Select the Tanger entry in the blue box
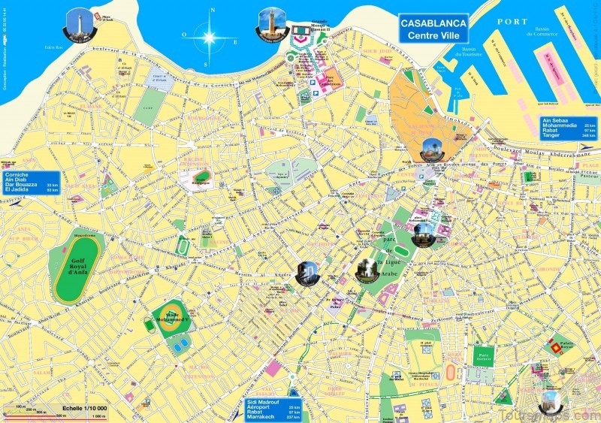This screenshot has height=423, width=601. click(x=551, y=136)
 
